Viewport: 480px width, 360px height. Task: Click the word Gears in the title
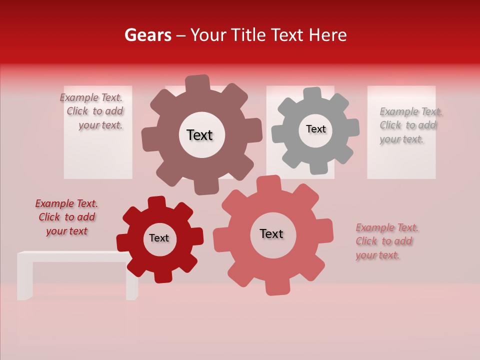pos(147,35)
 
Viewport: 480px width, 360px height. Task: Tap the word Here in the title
pos(327,35)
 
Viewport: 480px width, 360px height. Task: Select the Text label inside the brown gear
pos(199,135)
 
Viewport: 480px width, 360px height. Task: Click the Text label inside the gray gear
pos(315,129)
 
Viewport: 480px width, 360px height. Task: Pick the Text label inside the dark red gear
pos(159,238)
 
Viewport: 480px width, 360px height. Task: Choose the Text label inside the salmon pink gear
pos(271,233)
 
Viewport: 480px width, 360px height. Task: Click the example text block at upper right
pos(410,125)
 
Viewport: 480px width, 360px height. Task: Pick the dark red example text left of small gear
pos(66,217)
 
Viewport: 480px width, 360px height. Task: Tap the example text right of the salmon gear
pos(386,241)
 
